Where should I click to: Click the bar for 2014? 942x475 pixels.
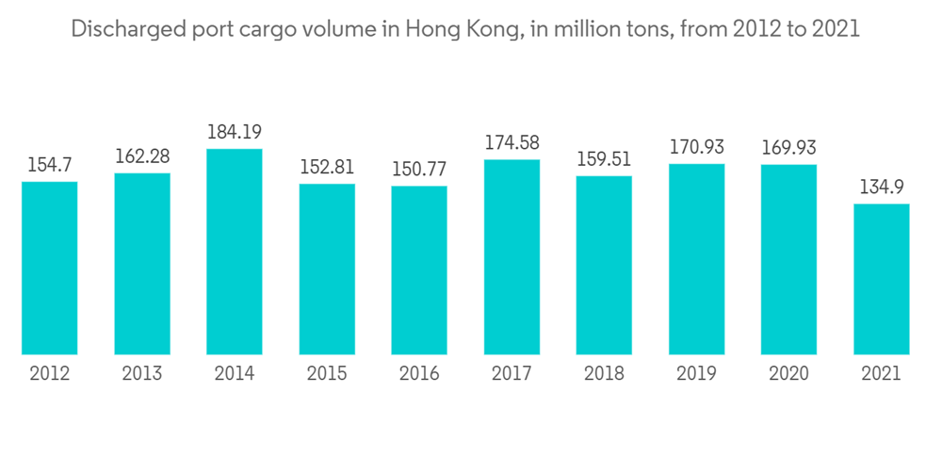coord(235,252)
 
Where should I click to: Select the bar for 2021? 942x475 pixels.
coord(882,279)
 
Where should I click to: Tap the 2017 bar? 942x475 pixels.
coord(512,257)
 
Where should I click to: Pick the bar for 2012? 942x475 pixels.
coord(50,268)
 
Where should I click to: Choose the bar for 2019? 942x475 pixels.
coord(697,259)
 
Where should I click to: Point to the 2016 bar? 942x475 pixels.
coord(419,270)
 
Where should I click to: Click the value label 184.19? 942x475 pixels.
coord(235,133)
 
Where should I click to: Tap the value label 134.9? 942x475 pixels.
coord(882,188)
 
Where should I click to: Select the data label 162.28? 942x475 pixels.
coord(142,156)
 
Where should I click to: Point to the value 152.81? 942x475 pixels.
coord(327,168)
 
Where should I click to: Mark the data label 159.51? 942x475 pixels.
coord(605,160)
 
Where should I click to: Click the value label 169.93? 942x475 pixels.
coord(789,148)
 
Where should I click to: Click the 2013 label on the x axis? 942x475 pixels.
coord(142,374)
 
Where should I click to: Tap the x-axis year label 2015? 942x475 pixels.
coord(327,374)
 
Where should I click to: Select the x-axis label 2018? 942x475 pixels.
coord(605,374)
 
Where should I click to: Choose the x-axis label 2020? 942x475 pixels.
coord(789,374)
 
